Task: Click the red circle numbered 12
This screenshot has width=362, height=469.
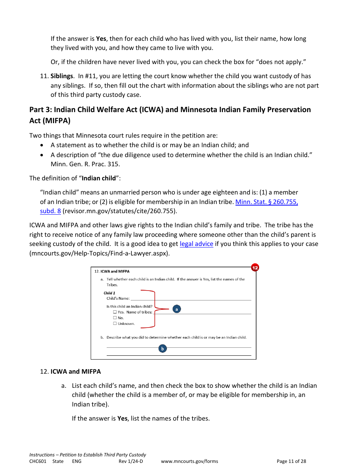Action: (255, 268)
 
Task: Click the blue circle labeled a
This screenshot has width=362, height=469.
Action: (176, 309)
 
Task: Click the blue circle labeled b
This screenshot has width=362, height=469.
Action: (162, 349)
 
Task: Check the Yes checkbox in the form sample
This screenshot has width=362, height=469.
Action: (115, 312)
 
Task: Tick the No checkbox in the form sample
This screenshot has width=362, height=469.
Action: (115, 318)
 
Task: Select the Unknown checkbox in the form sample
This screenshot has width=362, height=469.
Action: (115, 323)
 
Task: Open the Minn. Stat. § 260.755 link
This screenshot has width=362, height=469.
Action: (266, 202)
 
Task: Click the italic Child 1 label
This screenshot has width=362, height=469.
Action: (109, 293)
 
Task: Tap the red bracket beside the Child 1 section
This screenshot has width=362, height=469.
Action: (154, 309)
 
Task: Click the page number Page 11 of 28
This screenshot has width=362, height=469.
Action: (291, 461)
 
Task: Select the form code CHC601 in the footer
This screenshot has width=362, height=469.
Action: (38, 461)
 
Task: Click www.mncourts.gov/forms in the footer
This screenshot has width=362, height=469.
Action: (189, 461)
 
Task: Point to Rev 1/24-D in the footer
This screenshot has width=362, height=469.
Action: (131, 461)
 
